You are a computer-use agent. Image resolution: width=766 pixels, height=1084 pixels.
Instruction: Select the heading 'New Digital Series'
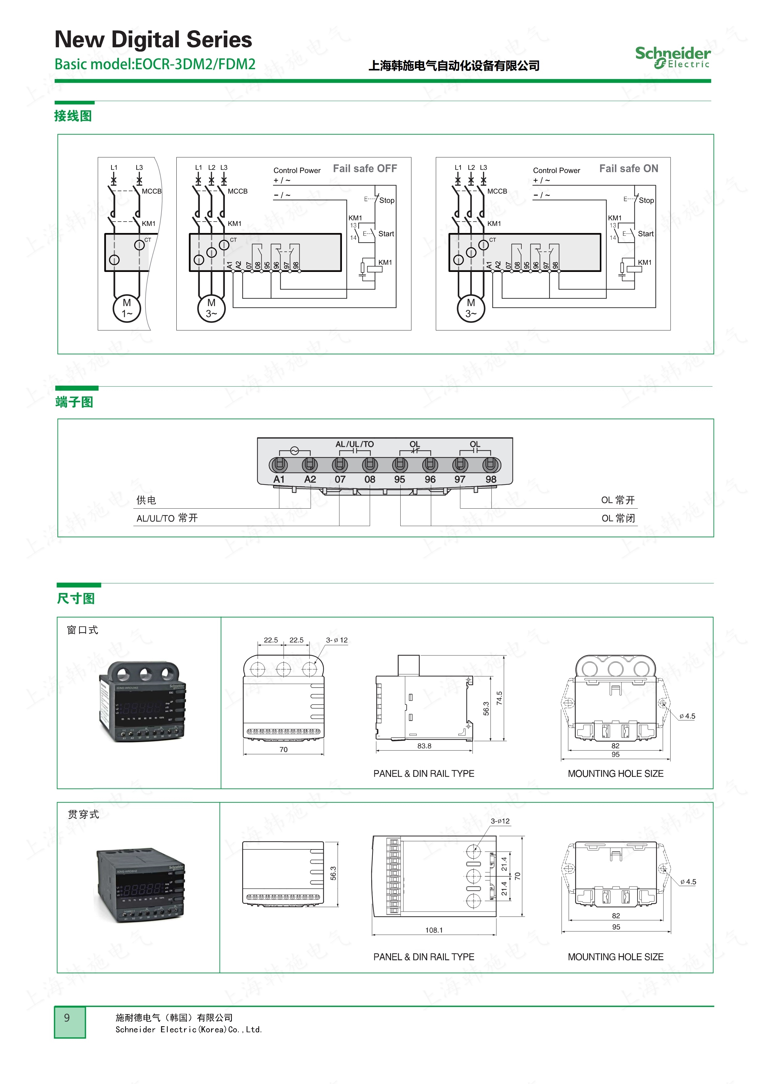(154, 39)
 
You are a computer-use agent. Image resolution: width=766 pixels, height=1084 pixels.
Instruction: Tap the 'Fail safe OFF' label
(365, 168)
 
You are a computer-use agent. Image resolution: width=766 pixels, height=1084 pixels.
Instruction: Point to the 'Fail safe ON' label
(628, 168)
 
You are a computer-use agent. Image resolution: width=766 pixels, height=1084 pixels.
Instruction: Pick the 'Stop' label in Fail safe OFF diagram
(386, 200)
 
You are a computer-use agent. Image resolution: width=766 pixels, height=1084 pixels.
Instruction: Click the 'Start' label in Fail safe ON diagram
(646, 234)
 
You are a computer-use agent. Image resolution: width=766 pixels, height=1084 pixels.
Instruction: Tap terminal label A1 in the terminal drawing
(279, 479)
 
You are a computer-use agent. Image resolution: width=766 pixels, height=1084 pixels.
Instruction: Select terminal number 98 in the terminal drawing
(491, 479)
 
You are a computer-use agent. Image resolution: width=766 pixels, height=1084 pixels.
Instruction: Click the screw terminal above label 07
(340, 464)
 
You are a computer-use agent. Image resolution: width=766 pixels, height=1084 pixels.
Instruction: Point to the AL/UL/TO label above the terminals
(355, 444)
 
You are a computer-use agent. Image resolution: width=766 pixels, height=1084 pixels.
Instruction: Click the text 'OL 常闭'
(618, 519)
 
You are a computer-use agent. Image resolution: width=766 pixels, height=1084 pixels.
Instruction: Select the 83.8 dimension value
(424, 746)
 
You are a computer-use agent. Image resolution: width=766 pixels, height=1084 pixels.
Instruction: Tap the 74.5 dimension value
(499, 698)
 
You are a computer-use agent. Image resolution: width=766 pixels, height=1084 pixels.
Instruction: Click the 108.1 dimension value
(434, 930)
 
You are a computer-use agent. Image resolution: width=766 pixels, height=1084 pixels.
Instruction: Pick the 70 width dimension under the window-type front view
(283, 749)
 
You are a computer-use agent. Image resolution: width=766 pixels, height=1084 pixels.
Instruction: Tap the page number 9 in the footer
(67, 1018)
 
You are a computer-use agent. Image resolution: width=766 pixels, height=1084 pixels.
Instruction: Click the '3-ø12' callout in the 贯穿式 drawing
(500, 821)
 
